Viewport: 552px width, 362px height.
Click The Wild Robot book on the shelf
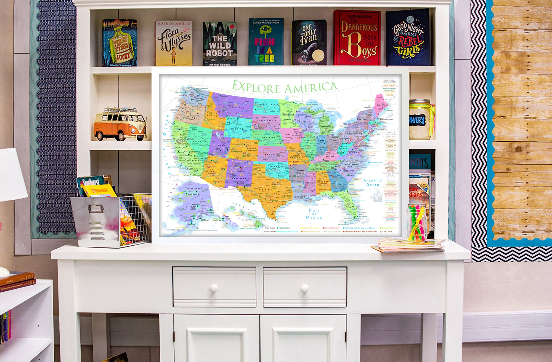click(220, 44)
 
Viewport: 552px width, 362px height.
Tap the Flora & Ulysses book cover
click(173, 43)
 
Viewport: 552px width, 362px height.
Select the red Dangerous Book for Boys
click(357, 37)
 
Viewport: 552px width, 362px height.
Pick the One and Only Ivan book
click(309, 42)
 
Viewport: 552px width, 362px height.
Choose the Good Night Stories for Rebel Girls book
click(408, 37)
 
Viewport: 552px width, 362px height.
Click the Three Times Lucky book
click(120, 43)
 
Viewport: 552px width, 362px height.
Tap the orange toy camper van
click(120, 124)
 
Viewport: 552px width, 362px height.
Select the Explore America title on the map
click(284, 87)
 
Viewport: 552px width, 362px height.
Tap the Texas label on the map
click(265, 190)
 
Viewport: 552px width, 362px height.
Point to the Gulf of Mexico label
click(314, 214)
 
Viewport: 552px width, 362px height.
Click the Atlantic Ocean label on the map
click(373, 183)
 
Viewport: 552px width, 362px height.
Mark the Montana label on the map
click(237, 108)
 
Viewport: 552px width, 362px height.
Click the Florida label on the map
click(350, 207)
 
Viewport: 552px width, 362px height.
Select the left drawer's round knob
click(214, 288)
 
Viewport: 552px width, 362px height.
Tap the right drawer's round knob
click(304, 288)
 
